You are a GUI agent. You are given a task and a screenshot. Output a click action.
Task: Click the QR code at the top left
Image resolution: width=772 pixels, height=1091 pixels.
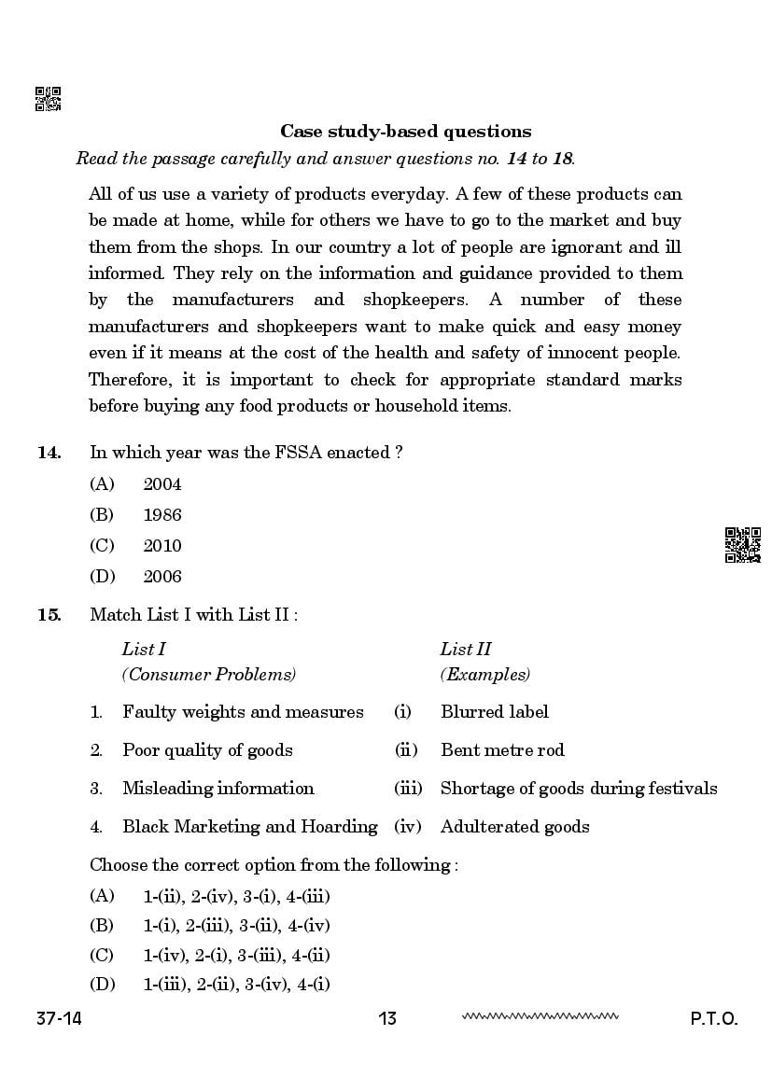point(48,99)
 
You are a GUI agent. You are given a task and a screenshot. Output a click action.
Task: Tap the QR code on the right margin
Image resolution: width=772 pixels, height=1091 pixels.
point(743,545)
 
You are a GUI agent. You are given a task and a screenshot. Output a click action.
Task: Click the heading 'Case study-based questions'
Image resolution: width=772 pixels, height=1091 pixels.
point(406,132)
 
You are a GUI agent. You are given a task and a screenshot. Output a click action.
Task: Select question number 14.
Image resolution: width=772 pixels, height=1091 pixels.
point(49,453)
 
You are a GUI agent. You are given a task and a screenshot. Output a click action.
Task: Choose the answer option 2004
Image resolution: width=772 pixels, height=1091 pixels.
point(162,484)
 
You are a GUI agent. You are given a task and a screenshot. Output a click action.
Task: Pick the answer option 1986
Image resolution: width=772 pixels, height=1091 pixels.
point(162,515)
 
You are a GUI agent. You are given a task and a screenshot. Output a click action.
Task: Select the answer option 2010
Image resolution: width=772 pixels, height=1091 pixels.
point(162,546)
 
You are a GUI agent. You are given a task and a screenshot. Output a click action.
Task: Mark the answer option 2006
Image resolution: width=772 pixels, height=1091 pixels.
point(162,577)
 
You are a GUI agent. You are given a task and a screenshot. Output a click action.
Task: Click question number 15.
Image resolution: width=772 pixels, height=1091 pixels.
point(49,614)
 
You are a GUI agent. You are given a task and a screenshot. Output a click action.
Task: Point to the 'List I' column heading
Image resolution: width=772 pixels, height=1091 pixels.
point(144,650)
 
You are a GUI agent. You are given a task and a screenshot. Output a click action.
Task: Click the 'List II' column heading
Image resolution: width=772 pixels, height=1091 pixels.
point(466,650)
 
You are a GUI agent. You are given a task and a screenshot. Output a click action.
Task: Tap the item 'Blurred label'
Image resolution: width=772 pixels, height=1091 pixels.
point(495,712)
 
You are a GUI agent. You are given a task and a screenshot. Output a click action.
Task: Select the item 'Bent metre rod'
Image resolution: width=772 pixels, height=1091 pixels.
point(502,750)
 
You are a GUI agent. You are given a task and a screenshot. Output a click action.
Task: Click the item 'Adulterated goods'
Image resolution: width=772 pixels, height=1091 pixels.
point(514,827)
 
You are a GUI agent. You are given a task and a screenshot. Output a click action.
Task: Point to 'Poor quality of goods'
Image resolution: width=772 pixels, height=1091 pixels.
point(207,750)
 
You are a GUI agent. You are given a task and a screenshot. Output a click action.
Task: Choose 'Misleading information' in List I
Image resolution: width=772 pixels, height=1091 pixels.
point(218,789)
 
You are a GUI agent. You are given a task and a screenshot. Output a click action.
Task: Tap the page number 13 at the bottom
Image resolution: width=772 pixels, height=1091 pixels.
point(387,1018)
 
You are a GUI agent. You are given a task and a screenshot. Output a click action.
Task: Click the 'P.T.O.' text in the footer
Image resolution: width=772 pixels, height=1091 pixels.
point(714,1018)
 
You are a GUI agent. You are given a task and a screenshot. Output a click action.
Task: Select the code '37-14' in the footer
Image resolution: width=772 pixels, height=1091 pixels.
point(59,1018)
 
